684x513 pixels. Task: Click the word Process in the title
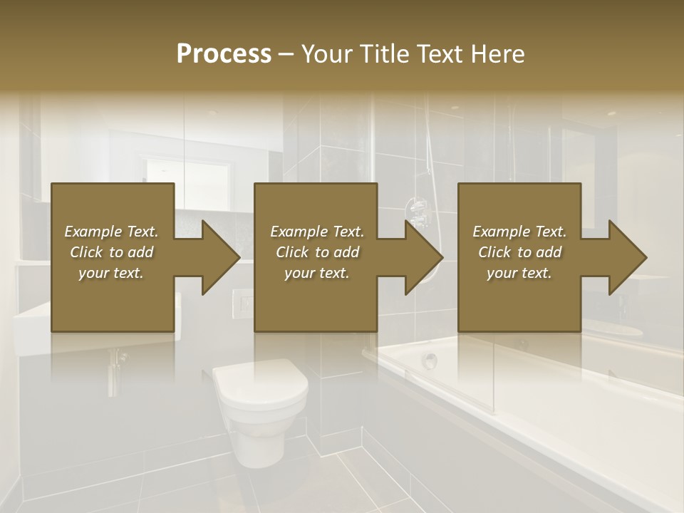point(224,54)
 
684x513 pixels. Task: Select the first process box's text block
point(111,252)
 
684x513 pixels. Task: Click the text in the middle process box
point(317,252)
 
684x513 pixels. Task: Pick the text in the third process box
point(519,252)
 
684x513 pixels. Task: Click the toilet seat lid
point(261,385)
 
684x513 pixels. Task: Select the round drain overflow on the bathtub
point(429,361)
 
